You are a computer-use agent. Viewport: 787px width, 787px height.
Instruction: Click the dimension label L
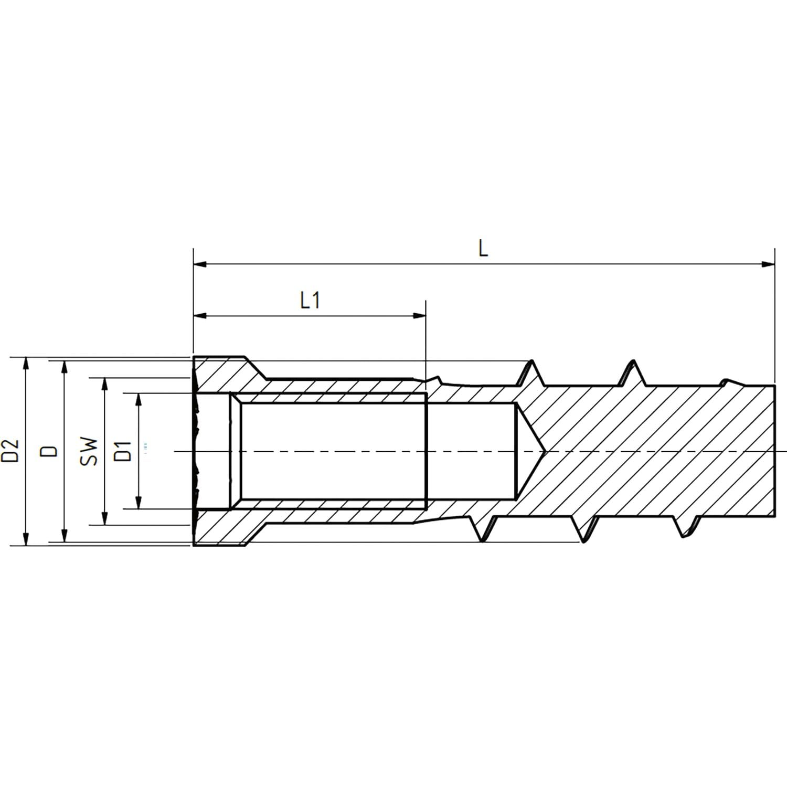(483, 249)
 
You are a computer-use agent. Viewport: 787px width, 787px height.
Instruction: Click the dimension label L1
(310, 301)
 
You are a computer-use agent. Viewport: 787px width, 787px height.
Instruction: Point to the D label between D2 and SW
(50, 451)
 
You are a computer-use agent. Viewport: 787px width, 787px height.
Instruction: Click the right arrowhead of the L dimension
(768, 264)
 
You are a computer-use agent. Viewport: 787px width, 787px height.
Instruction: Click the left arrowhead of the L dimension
(200, 264)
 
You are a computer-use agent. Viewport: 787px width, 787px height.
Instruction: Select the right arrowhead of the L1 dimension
(420, 316)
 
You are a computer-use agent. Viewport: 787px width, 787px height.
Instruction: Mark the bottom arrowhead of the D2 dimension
(25, 539)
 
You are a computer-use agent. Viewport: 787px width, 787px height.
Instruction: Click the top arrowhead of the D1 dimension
(139, 399)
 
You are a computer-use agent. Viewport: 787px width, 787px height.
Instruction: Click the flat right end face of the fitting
(774, 451)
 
